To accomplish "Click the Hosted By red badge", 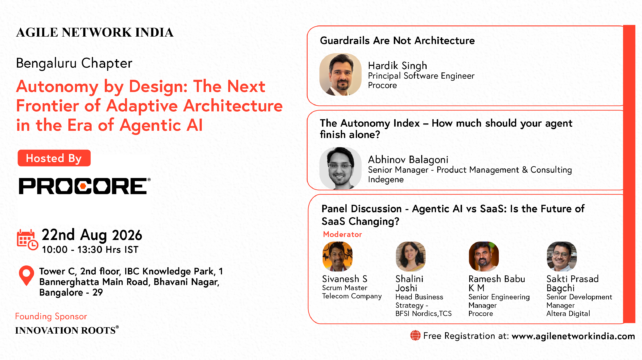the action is click(54, 158).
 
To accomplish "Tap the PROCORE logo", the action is click(84, 186).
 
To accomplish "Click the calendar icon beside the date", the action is click(27, 240).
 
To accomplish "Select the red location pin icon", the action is click(27, 276).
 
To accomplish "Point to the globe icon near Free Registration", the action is click(415, 336).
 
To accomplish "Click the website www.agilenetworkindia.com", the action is click(573, 336).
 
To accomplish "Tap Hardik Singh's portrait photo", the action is click(340, 75).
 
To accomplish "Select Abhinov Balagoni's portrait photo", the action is click(340, 168).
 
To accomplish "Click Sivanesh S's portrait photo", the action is click(337, 256).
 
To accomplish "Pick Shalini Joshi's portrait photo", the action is click(411, 256).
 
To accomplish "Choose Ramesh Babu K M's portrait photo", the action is click(484, 256).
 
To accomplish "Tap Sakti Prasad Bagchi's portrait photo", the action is click(562, 256).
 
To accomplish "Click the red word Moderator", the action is click(342, 234).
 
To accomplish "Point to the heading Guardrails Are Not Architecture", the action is click(397, 41).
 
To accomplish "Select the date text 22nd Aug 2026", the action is click(92, 235).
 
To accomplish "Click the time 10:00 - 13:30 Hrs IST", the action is click(90, 249).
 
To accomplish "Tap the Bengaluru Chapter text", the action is click(74, 63).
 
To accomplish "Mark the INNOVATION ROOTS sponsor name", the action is click(67, 330).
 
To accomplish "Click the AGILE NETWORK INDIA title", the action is click(95, 33).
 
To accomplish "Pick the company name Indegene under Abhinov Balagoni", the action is click(385, 179).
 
